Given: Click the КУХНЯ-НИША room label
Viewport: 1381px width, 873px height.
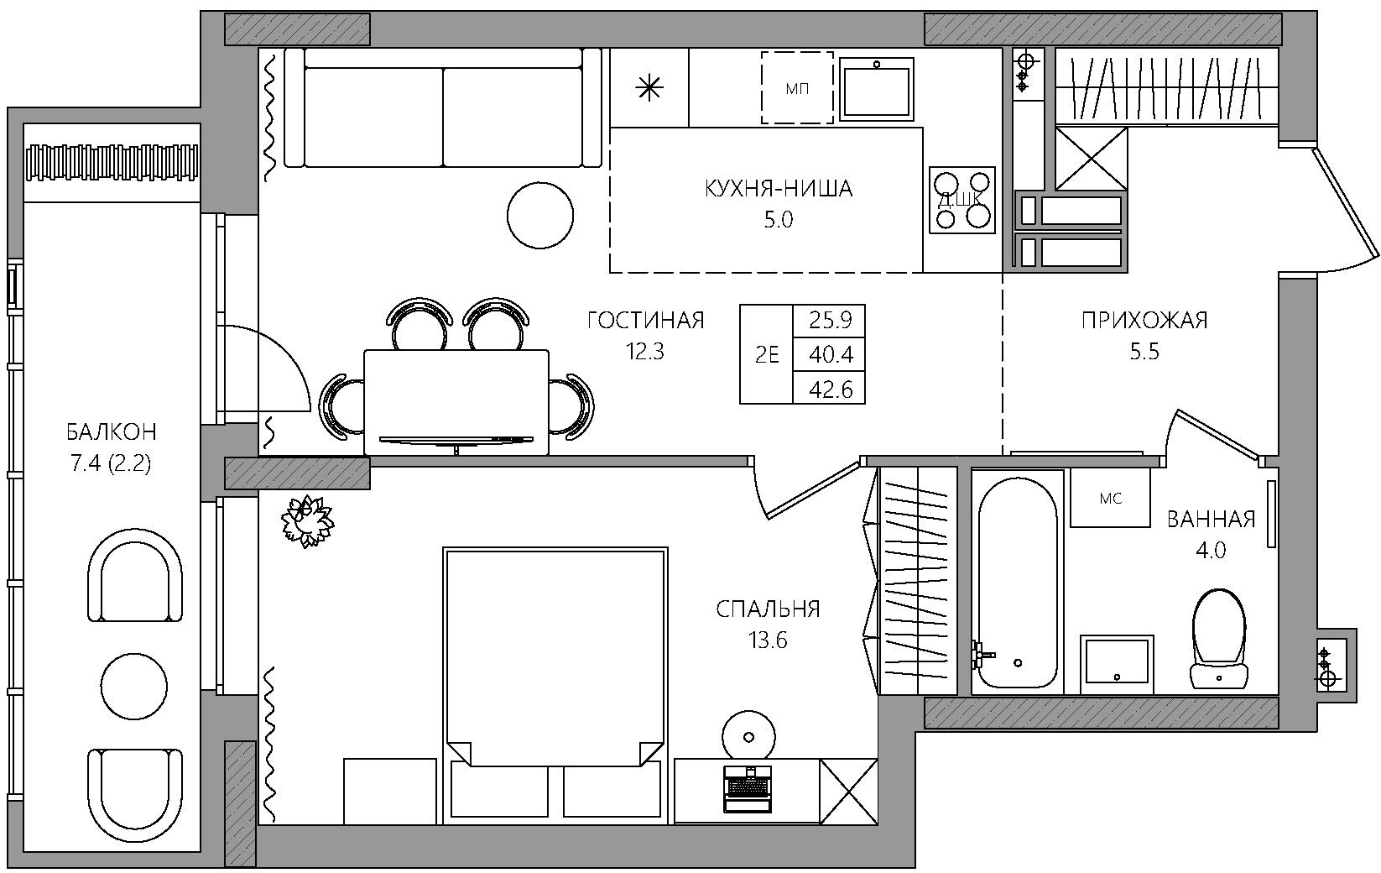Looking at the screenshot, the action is tap(778, 189).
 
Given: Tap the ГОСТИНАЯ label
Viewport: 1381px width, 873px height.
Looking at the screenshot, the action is tap(645, 321).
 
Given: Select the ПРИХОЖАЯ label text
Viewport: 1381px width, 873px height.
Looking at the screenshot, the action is tap(1144, 321).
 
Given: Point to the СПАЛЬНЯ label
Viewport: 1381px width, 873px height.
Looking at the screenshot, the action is tap(769, 609).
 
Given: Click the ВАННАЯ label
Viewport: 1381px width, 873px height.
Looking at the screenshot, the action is tap(1211, 520).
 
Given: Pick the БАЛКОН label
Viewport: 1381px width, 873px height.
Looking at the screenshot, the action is tap(112, 431).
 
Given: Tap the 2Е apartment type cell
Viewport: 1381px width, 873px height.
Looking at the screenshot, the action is tap(767, 355).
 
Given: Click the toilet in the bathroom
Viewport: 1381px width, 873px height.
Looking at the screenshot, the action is tap(1219, 639).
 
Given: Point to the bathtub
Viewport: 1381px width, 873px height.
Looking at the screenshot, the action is tap(1017, 583).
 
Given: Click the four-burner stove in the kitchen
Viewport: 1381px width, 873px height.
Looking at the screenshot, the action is tap(962, 200).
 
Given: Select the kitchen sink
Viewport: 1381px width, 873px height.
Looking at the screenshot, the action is tap(876, 88).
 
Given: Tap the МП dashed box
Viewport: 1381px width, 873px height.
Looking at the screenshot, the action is tap(797, 87).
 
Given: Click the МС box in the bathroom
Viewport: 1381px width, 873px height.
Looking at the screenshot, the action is tap(1110, 497).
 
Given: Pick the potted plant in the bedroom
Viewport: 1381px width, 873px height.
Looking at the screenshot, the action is tap(308, 521).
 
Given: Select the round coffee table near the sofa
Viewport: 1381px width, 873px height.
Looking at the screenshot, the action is tap(540, 216).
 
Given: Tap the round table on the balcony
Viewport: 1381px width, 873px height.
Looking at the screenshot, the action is tap(133, 686).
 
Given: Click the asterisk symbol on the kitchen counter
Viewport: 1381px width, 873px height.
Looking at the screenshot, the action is tap(649, 89).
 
